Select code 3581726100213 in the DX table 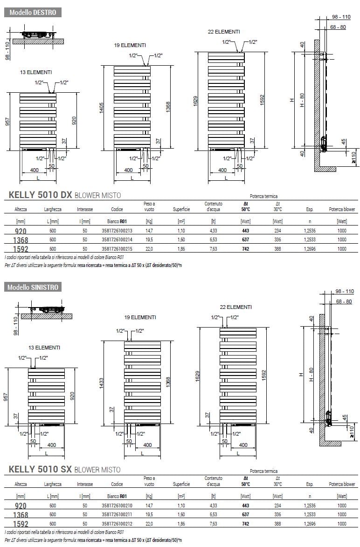tap(117, 231)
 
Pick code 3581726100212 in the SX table tap(117, 524)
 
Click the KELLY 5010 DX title tap(40, 196)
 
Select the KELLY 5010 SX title tap(40, 470)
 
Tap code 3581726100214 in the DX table tap(117, 239)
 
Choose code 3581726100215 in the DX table tap(117, 249)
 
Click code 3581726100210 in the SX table tap(117, 506)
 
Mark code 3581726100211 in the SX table tap(117, 514)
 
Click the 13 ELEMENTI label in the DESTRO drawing tap(36, 72)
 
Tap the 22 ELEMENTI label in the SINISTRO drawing tap(236, 307)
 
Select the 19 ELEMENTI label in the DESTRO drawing tap(130, 45)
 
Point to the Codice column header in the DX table tap(117, 210)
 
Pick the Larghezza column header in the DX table tap(52, 210)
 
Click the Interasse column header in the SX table tap(85, 484)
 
